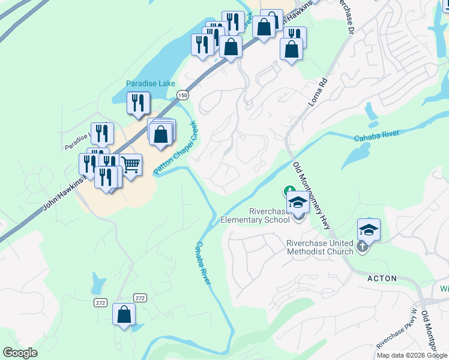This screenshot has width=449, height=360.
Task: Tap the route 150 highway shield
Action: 183,95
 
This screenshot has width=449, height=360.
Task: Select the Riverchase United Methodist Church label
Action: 319,247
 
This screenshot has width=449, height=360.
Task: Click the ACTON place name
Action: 382,278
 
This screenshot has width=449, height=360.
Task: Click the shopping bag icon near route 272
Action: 124,314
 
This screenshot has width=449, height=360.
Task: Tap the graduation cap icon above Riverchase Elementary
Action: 297,202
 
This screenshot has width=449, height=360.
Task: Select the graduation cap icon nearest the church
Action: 369,229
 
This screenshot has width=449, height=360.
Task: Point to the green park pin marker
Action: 289,192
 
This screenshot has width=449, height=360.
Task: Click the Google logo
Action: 20,353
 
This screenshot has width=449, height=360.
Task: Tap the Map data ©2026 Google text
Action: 412,355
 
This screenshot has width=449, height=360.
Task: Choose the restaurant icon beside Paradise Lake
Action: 138,103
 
